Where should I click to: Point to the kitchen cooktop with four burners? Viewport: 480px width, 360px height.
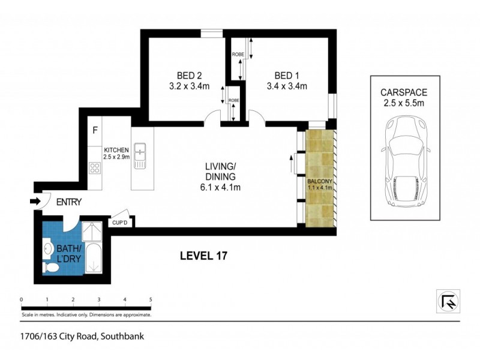[94, 168]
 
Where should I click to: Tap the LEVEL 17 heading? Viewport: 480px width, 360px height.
[203, 256]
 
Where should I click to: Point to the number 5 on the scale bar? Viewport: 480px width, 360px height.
[151, 299]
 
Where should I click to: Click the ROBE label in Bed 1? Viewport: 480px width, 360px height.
[237, 55]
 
